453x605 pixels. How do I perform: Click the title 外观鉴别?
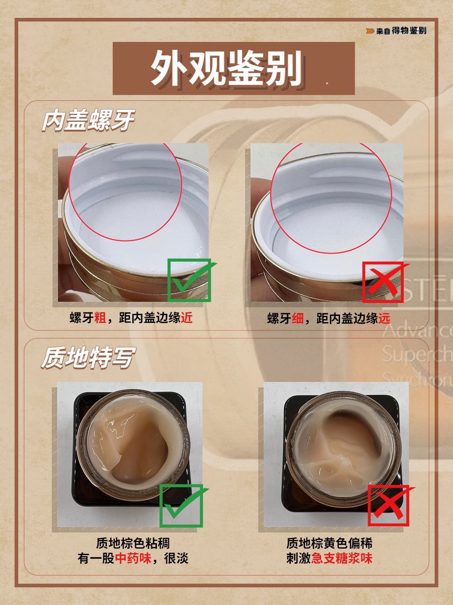(x=226, y=69)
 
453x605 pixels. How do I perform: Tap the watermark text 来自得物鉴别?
(x=402, y=31)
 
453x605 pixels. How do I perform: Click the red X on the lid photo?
(x=385, y=282)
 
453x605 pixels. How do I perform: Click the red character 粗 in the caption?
(x=100, y=318)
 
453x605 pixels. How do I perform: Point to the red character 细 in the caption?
(x=298, y=318)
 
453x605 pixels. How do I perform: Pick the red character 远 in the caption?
(x=384, y=318)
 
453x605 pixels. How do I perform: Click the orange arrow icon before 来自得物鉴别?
(x=370, y=31)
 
